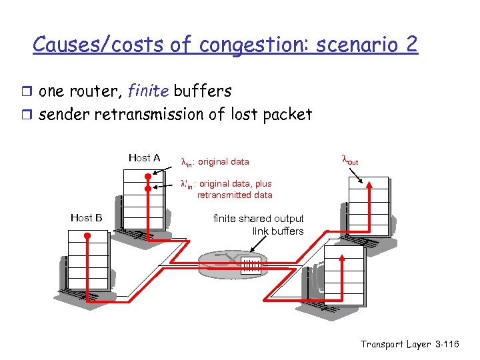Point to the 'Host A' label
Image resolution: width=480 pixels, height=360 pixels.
click(x=144, y=158)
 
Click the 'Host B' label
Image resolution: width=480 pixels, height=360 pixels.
click(x=86, y=217)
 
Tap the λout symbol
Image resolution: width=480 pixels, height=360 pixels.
click(x=349, y=160)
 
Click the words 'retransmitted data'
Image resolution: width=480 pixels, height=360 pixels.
click(x=235, y=195)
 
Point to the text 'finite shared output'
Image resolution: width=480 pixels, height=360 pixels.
click(x=258, y=219)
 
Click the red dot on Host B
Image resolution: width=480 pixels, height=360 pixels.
click(x=87, y=236)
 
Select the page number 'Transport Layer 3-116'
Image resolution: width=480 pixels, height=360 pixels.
click(x=410, y=344)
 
